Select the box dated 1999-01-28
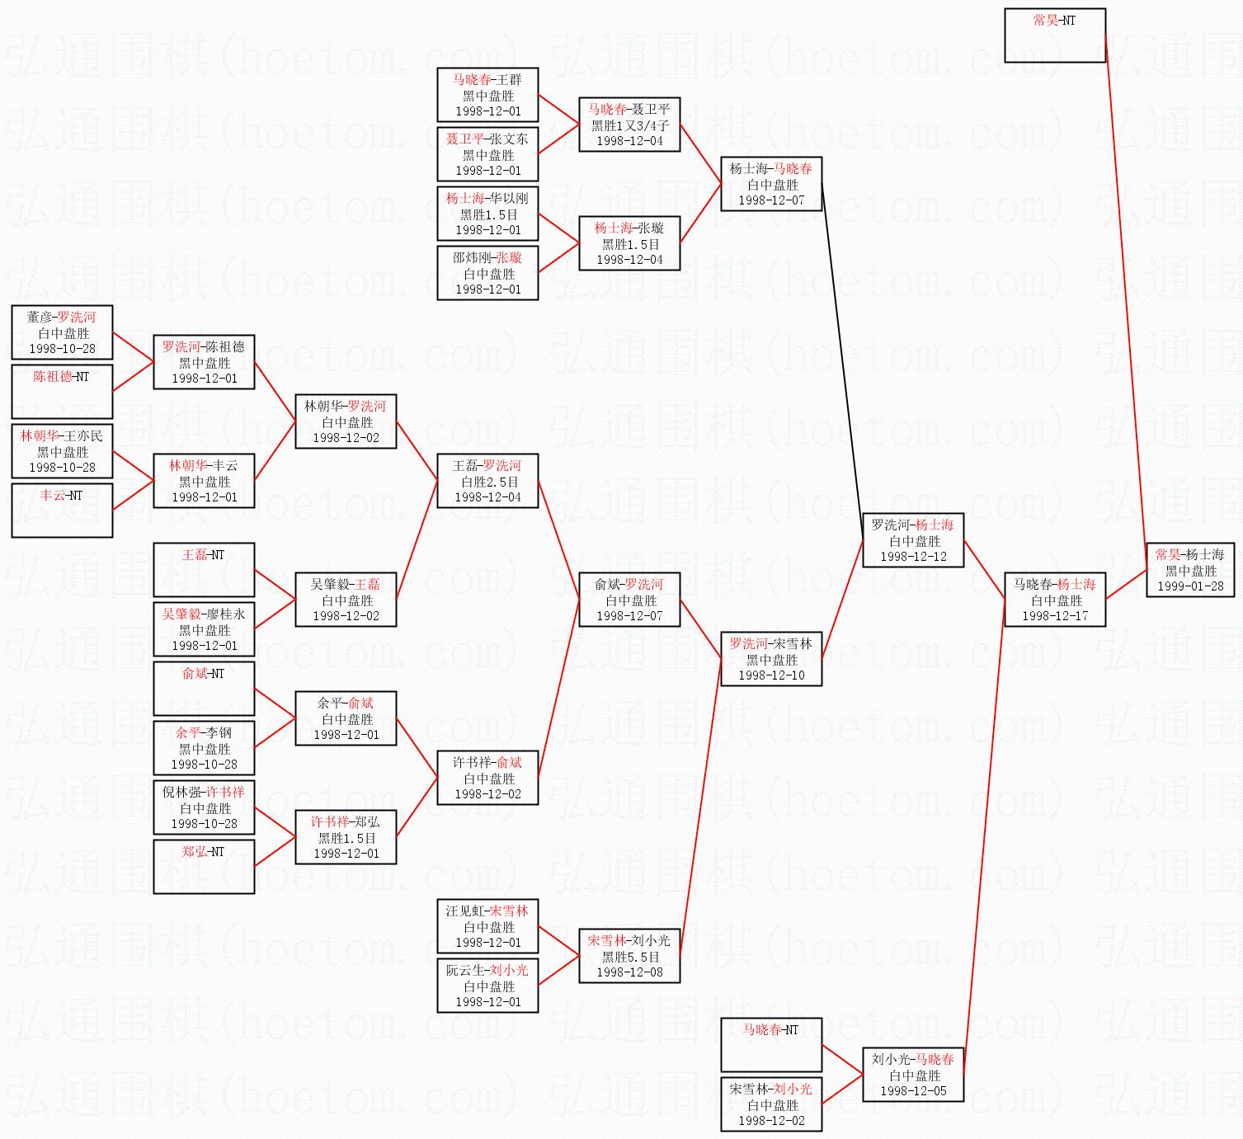tap(1189, 586)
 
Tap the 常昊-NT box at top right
tap(1054, 35)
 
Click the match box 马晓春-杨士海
tap(1054, 600)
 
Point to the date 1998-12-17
tap(1054, 616)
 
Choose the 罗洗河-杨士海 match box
tap(912, 540)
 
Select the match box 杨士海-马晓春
tap(771, 184)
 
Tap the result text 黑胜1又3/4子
tap(629, 125)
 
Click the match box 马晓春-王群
tap(487, 95)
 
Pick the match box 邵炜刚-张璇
tap(487, 273)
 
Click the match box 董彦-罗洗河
tap(62, 332)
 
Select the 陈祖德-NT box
tap(62, 391)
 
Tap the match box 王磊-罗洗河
tap(487, 481)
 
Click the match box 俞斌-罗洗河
tap(629, 600)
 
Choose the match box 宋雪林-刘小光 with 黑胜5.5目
tap(629, 956)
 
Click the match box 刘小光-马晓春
tap(912, 1075)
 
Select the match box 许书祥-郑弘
tap(346, 837)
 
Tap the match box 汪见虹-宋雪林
tap(487, 926)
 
